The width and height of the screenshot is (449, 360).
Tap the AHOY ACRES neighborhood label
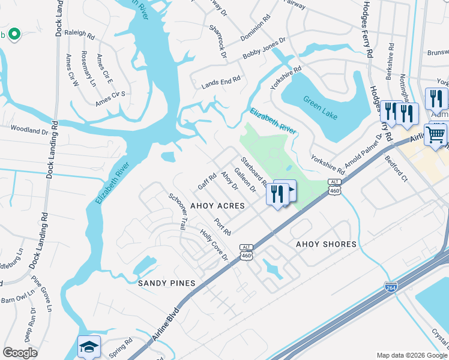pos(217,206)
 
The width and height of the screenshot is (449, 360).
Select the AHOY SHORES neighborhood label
pos(326,244)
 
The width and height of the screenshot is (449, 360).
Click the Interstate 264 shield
pos(391,287)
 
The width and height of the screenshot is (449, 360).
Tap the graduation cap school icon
pos(89,346)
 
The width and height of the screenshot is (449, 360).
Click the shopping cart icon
pos(435,134)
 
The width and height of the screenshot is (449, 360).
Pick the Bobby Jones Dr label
pos(264,48)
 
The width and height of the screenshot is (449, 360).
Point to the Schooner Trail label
pos(176,212)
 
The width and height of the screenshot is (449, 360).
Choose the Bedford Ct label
pos(396,170)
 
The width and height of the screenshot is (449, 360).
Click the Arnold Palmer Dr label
pos(364,151)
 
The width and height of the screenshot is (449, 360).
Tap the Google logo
pos(20,353)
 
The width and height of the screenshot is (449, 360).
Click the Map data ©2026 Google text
pos(411,355)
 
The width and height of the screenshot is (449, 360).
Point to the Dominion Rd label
pos(255,26)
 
